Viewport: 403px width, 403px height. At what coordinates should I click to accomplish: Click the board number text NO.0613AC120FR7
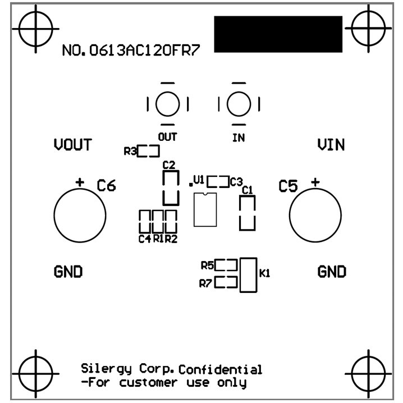(131, 51)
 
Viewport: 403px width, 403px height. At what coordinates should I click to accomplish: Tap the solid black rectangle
(278, 34)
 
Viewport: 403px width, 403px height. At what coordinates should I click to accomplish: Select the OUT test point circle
(167, 103)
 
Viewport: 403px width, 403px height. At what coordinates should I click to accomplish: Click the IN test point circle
(239, 103)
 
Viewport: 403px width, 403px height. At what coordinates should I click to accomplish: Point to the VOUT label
(72, 145)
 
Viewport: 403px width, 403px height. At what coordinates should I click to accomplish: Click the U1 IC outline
(205, 210)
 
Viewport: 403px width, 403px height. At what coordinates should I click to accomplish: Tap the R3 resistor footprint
(149, 151)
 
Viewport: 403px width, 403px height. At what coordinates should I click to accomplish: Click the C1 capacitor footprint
(247, 213)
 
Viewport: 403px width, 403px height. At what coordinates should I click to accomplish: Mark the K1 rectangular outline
(248, 275)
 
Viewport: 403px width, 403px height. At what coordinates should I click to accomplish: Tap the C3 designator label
(236, 182)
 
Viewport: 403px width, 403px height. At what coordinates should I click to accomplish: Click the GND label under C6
(68, 272)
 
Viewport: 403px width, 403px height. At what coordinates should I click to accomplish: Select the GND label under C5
(332, 272)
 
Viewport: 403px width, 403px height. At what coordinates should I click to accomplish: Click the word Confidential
(221, 370)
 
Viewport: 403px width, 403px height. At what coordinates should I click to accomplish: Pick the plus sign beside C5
(315, 182)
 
